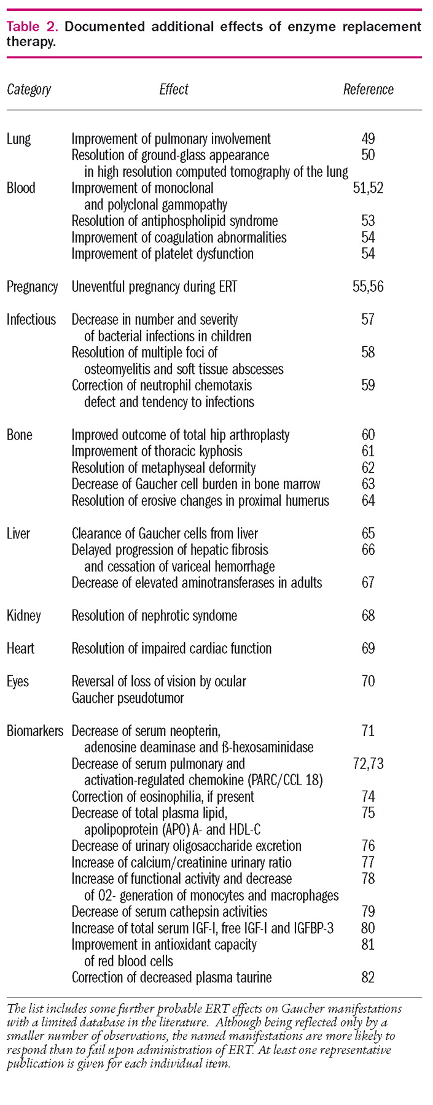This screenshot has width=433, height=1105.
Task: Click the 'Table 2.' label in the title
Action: coord(32,26)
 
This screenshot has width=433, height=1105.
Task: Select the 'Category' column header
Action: coord(29,90)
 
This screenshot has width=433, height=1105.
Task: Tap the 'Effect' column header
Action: coord(174,90)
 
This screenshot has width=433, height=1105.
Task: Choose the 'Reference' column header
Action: coord(368,90)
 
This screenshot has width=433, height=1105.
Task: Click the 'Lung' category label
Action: coord(18,139)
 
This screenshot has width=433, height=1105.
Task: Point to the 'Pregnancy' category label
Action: coord(32,287)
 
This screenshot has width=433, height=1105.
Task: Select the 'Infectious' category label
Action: coord(31,319)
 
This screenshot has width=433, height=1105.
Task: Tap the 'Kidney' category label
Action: coord(23,616)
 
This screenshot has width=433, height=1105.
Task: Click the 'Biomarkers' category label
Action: coord(35,731)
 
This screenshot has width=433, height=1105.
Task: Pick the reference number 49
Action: coord(368,139)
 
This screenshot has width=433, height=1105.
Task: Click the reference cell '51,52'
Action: coord(368,188)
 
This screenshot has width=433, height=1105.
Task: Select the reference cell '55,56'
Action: coord(368,287)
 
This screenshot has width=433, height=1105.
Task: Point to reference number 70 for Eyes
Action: coord(368,681)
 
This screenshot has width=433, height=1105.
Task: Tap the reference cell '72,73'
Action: coord(368,764)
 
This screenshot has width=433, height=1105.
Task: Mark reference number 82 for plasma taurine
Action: coord(368,977)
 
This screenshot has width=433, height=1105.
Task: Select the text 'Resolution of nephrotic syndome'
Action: coord(154,616)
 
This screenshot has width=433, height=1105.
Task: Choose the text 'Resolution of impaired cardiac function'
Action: coord(171,648)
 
